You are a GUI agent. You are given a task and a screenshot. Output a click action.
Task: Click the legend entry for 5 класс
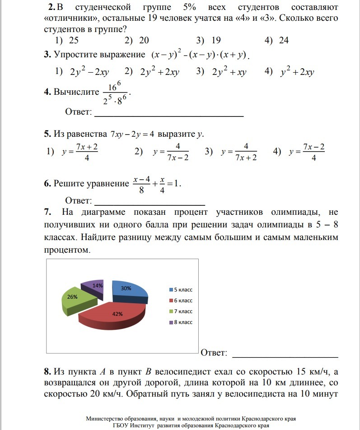180,290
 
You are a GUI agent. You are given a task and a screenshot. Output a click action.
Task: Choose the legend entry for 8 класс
180,322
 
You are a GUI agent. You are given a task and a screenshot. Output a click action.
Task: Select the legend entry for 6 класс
180,301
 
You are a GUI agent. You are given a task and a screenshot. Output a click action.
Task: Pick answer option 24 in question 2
284,41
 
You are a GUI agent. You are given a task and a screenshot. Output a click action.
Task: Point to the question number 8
47,372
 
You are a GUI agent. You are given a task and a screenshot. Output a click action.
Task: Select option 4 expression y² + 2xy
297,72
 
